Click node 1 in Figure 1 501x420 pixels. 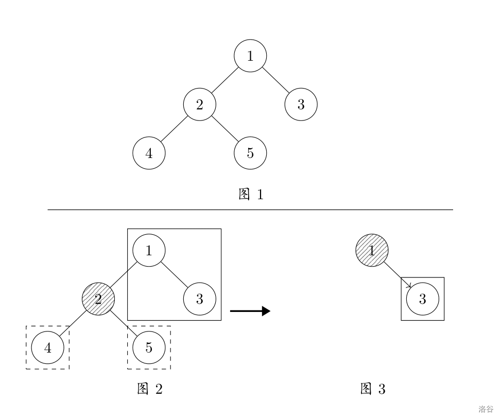point(250,56)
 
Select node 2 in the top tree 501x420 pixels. point(200,105)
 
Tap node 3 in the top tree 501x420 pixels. point(301,105)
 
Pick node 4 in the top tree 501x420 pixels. point(149,154)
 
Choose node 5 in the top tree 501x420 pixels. point(250,154)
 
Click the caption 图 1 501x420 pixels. point(251,195)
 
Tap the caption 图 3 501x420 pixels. point(372,389)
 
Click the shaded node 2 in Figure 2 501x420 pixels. point(99,299)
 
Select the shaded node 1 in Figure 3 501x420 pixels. point(372,251)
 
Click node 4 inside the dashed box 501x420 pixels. point(48,348)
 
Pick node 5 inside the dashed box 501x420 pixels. point(149,348)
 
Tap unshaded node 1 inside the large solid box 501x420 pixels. point(149,251)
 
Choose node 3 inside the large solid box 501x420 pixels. point(200,299)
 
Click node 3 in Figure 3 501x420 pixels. point(422,299)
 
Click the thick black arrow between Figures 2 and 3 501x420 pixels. point(250,311)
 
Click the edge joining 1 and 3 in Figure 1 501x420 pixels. point(275,80)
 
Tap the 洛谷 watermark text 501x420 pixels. point(486,410)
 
